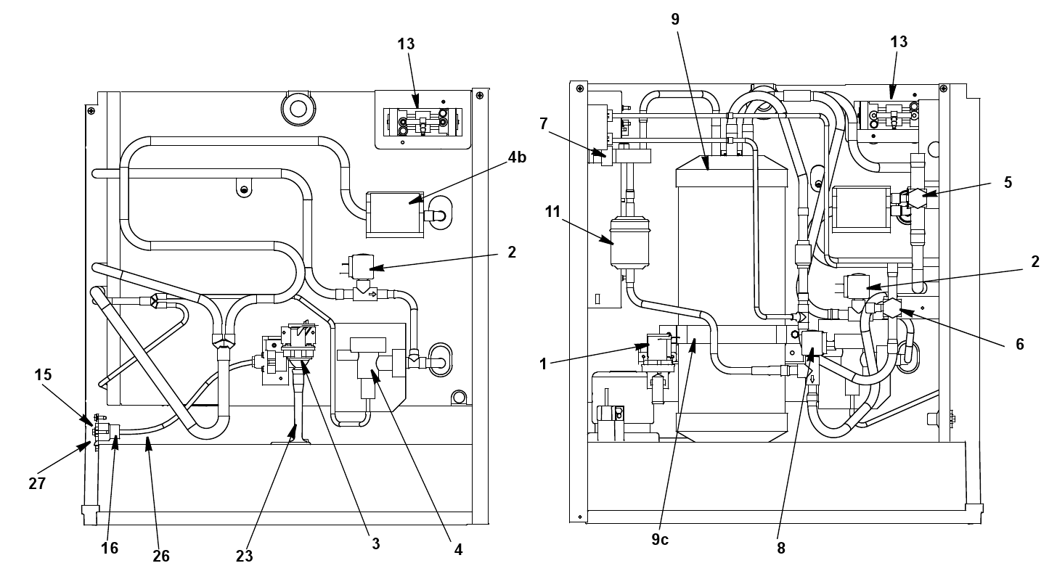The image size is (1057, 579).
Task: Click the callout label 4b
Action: coord(517,157)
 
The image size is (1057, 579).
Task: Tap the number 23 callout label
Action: coord(245,557)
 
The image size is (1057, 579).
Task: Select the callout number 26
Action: coord(161,557)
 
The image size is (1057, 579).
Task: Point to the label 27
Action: coord(37,483)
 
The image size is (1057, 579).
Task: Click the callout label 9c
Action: coord(660,539)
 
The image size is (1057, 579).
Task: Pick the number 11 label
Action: coord(552,212)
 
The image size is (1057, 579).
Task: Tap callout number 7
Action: coord(543,123)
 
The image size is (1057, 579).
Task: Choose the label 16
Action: coord(110,548)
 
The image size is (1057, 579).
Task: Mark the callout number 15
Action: coord(43,375)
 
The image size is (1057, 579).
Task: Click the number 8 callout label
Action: coord(781,548)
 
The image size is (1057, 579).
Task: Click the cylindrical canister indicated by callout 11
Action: coord(630,242)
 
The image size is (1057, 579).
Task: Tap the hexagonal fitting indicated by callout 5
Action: coord(916,198)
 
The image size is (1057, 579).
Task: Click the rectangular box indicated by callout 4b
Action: coord(395,215)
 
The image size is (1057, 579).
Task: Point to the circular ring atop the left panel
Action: coord(298,108)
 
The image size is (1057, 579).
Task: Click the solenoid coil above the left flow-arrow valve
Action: coord(361,266)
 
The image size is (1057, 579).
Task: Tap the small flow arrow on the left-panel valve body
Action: coord(372,295)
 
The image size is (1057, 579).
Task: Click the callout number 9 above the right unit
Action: coord(675,20)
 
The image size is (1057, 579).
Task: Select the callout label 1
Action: coord(543,364)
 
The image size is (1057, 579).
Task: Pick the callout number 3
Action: coord(375,543)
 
